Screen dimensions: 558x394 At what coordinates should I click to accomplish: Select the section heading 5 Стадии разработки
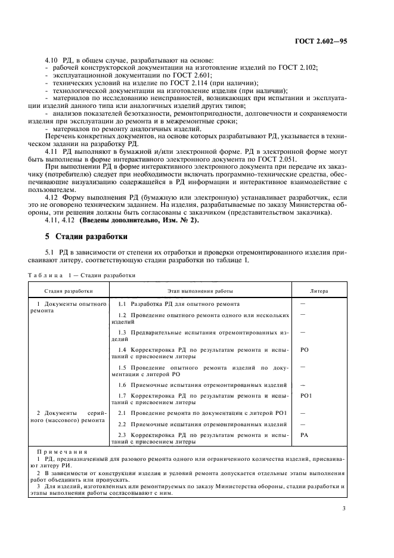pyautogui.click(x=79, y=236)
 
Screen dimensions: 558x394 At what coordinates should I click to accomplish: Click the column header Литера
pyautogui.click(x=319, y=291)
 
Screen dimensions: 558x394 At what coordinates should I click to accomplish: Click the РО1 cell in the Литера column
pyautogui.click(x=306, y=395)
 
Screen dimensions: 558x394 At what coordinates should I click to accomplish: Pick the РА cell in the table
pyautogui.click(x=304, y=435)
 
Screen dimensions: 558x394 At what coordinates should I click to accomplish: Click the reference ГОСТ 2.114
pyautogui.click(x=179, y=83)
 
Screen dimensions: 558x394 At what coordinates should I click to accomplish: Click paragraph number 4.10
pyautogui.click(x=52, y=61)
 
